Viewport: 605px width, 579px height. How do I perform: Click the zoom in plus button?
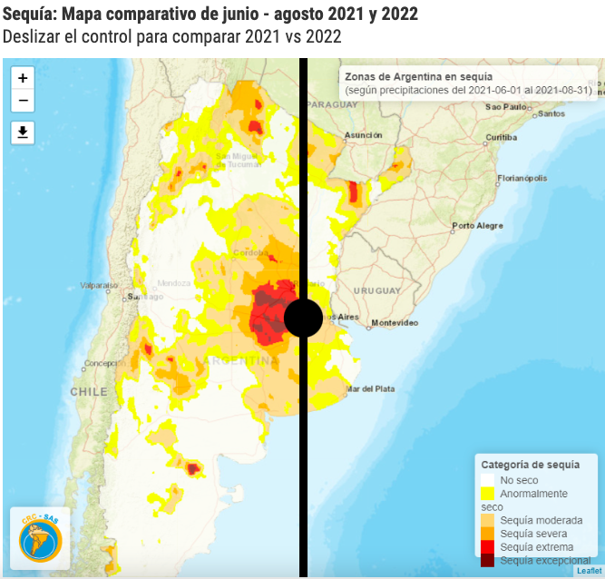(x=23, y=78)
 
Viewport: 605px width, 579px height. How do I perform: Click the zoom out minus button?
(x=23, y=101)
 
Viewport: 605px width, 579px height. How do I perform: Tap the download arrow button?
(x=23, y=132)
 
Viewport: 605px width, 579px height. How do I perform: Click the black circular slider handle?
(x=304, y=318)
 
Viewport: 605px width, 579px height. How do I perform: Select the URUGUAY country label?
(x=376, y=290)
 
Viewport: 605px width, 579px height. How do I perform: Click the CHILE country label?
(x=89, y=392)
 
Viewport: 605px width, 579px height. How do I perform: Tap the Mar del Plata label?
(x=369, y=388)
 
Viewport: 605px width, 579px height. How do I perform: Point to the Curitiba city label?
(x=500, y=137)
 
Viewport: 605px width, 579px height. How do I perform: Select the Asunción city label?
(x=363, y=135)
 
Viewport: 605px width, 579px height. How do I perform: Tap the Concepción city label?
(x=99, y=364)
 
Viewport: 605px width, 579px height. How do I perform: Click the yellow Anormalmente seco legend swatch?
(x=488, y=493)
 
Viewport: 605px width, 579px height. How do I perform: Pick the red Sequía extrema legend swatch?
(x=488, y=547)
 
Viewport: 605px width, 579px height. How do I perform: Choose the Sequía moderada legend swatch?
(x=488, y=520)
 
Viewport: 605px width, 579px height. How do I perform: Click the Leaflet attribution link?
(x=588, y=571)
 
